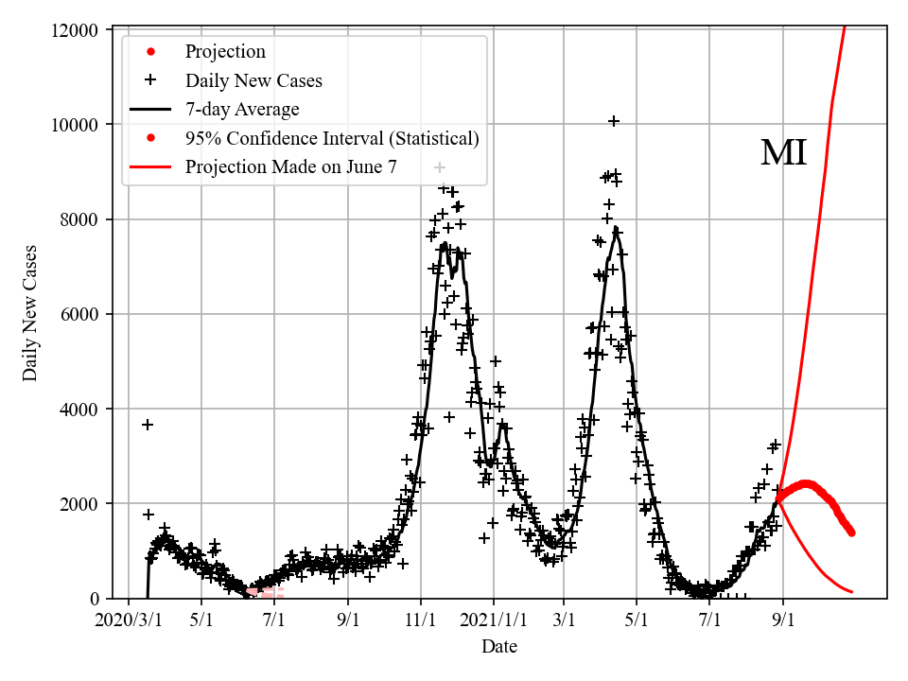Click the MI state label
point(783,153)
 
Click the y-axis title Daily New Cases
point(30,314)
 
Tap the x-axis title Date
point(498,647)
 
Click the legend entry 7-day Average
point(242,110)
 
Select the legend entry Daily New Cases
point(253,80)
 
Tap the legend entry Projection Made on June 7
point(290,167)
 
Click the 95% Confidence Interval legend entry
point(332,138)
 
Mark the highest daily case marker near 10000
point(614,121)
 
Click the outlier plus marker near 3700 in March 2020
point(148,425)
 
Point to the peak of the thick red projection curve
point(807,484)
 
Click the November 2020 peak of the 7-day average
point(445,245)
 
